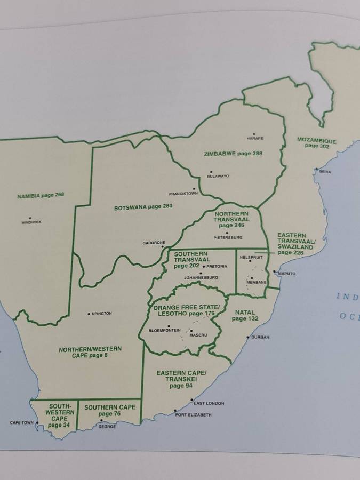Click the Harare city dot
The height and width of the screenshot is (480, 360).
pyautogui.click(x=254, y=134)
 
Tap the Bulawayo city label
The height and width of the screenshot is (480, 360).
pyautogui.click(x=218, y=176)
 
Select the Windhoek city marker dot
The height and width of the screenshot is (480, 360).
pyautogui.click(x=30, y=218)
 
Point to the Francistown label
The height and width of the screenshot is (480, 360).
pyautogui.click(x=183, y=194)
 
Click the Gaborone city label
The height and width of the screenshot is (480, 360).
pyautogui.click(x=154, y=243)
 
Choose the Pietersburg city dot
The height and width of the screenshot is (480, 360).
pyautogui.click(x=227, y=233)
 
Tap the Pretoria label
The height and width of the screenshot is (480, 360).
pyautogui.click(x=217, y=266)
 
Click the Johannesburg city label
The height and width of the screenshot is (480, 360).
pyautogui.click(x=201, y=278)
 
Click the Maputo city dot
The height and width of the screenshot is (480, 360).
pyautogui.click(x=274, y=272)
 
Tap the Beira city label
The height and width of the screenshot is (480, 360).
pyautogui.click(x=325, y=172)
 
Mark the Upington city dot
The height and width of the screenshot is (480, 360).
pyautogui.click(x=89, y=314)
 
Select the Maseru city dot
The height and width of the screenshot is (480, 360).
pyautogui.click(x=191, y=330)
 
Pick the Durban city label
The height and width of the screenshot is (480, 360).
pyautogui.click(x=261, y=337)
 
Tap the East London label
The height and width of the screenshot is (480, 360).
pyautogui.click(x=209, y=403)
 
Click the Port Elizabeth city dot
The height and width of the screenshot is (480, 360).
pyautogui.click(x=175, y=411)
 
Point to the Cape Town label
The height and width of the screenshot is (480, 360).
pyautogui.click(x=22, y=423)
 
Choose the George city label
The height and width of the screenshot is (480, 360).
pyautogui.click(x=107, y=427)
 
